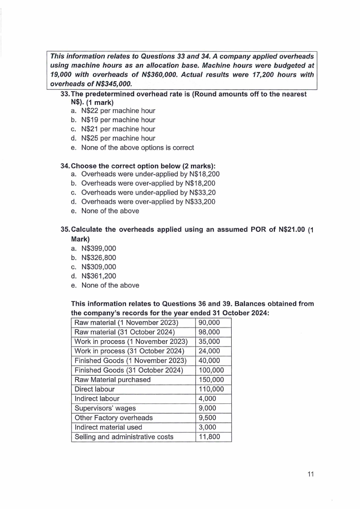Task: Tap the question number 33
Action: [65, 94]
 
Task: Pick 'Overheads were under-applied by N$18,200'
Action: [150, 174]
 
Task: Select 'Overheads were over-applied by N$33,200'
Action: [148, 201]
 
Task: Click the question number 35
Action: [65, 229]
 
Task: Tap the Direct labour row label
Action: [94, 389]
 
